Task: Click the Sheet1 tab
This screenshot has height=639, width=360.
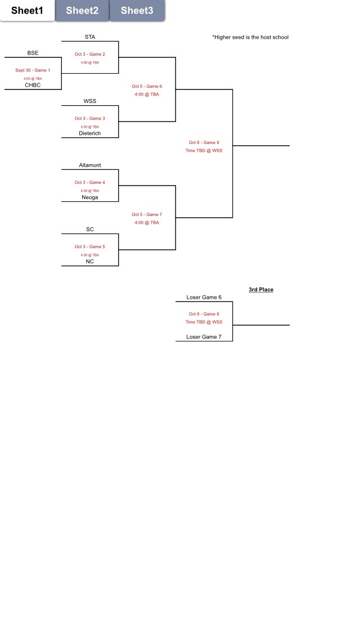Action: (27, 11)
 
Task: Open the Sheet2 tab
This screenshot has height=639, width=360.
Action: (82, 11)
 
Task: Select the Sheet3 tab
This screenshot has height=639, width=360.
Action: (137, 11)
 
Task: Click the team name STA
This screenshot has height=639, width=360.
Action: (90, 37)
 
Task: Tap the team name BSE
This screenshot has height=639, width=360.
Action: (33, 53)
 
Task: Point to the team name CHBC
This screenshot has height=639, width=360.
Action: (33, 85)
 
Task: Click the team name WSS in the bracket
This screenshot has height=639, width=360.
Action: (90, 101)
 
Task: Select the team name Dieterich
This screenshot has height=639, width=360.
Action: (90, 133)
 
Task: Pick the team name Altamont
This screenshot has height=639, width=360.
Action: (90, 165)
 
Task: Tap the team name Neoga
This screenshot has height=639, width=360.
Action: (90, 197)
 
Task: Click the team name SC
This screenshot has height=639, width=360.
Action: (90, 229)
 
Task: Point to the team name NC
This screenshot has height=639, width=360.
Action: (90, 262)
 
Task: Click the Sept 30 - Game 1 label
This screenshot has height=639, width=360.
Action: (33, 70)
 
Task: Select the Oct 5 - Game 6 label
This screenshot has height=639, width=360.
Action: (147, 87)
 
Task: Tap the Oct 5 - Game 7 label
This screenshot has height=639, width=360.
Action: (147, 215)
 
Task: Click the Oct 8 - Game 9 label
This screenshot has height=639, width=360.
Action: (204, 143)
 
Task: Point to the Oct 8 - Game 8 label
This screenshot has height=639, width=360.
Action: (204, 314)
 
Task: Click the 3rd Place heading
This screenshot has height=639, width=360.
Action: (261, 290)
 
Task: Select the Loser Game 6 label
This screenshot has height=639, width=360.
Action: (204, 297)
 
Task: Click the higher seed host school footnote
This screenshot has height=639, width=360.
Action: (250, 38)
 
